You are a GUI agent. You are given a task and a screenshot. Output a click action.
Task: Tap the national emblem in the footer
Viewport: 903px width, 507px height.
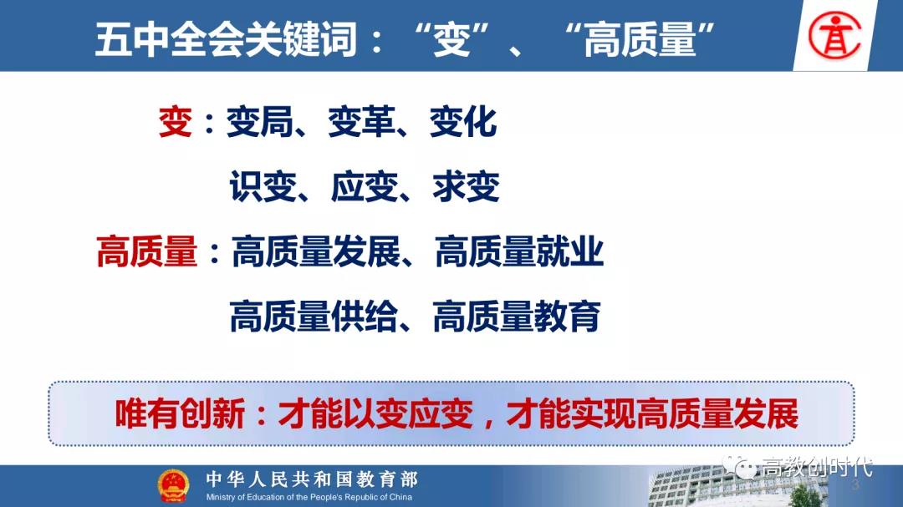(173, 485)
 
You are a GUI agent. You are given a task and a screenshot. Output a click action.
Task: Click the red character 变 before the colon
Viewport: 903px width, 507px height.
(176, 122)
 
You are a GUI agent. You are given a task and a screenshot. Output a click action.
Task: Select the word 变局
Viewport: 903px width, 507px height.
(260, 122)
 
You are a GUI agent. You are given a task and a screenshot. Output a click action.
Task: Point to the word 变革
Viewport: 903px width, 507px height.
(362, 122)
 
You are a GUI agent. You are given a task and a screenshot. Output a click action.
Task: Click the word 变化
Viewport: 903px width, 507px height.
(463, 122)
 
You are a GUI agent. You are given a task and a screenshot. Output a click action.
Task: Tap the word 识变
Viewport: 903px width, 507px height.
(263, 186)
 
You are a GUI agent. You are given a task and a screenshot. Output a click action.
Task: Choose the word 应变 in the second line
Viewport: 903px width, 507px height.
(365, 186)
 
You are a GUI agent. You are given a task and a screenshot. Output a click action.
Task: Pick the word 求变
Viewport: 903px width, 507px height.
(466, 186)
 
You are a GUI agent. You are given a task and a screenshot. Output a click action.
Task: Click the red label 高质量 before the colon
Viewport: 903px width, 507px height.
(147, 251)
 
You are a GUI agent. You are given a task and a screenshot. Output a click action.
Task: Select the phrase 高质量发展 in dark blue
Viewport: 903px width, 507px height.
(316, 251)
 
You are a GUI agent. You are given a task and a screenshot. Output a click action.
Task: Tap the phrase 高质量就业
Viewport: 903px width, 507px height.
(519, 251)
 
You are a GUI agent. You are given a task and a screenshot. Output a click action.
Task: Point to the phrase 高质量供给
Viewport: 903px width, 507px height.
(314, 316)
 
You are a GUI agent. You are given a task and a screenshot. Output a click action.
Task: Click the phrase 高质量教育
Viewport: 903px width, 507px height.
(517, 316)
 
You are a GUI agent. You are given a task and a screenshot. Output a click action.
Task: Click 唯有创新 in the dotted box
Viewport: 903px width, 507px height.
(181, 413)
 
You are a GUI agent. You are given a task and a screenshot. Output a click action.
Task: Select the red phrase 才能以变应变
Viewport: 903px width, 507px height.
(375, 413)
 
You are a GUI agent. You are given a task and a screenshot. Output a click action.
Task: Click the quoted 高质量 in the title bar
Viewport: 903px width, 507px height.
(640, 39)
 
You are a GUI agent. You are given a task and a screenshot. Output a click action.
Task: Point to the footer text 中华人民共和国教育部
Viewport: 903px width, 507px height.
(312, 479)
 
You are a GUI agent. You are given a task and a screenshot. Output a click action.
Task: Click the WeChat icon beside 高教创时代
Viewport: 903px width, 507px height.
(740, 467)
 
